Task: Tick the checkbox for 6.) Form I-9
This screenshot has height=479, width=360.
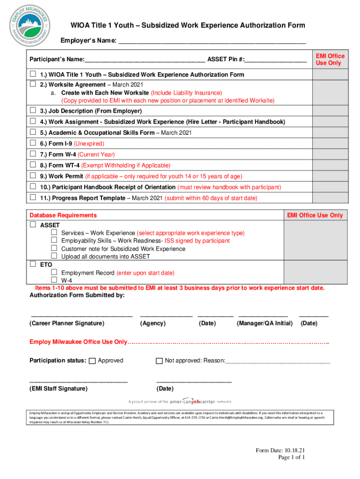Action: coord(33,143)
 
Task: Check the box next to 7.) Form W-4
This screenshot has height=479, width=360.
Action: coord(33,154)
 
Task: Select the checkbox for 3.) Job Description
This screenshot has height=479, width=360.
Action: coord(33,110)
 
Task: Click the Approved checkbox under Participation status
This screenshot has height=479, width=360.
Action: coord(92,361)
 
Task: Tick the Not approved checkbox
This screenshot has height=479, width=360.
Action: coord(159,361)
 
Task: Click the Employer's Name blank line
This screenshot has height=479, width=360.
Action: coord(212,41)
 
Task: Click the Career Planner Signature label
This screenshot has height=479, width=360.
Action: coord(67,323)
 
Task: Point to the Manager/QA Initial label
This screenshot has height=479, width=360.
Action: coord(265,323)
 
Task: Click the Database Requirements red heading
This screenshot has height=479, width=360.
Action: coord(63,215)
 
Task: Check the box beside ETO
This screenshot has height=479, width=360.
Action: coord(33,264)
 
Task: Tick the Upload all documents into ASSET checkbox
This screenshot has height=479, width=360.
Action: coord(54,256)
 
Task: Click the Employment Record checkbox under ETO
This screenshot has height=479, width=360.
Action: coord(54,272)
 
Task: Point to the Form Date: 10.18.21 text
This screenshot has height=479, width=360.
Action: coord(280,450)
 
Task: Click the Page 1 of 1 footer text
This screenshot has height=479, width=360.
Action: coord(291,457)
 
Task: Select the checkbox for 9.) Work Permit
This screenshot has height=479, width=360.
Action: coord(33,176)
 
